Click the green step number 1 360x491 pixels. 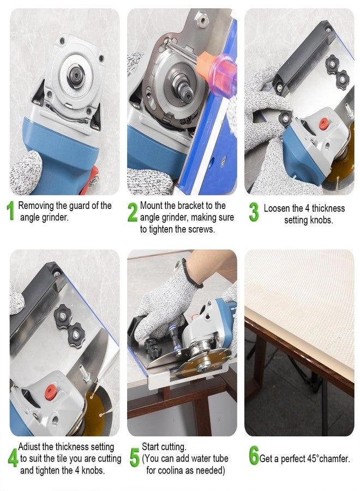pos(10,212)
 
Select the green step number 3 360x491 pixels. pos(254,212)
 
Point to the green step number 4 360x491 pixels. pos(12,457)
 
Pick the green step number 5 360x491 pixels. pos(134,457)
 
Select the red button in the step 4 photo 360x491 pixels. pos(51,390)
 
